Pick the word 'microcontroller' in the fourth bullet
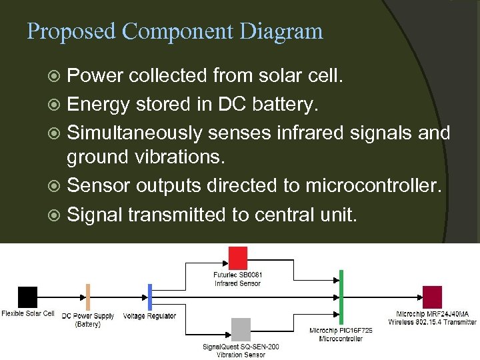(373, 185)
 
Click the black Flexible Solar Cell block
(28, 297)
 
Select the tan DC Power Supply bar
(87, 297)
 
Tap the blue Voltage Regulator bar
(150, 297)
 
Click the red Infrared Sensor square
(238, 257)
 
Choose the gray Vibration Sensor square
(241, 329)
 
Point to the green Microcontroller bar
(341, 297)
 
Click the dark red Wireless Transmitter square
(432, 297)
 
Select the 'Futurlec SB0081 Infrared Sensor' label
(238, 279)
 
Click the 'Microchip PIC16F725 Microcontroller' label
(341, 335)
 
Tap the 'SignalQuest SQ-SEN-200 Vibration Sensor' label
(241, 351)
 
